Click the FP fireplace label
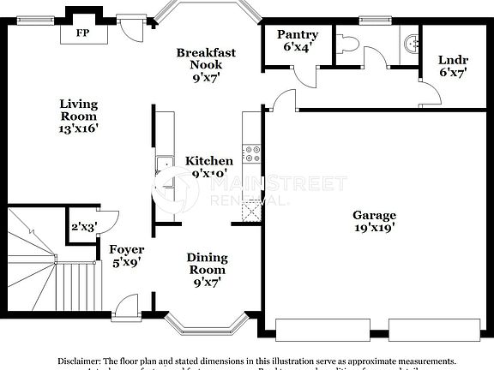tap(83, 33)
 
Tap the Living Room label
tap(78, 116)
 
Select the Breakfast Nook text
tap(206, 64)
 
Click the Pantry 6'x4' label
tap(298, 40)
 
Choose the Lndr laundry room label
tap(452, 66)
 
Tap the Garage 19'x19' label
tap(373, 222)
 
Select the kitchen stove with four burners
tap(252, 155)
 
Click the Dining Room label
tap(208, 269)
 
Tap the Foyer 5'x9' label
tap(125, 255)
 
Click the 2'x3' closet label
tap(83, 227)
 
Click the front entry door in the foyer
tap(125, 305)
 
